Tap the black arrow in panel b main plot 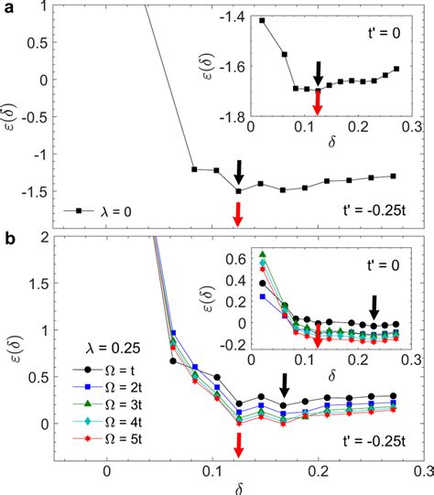pyautogui.click(x=284, y=384)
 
